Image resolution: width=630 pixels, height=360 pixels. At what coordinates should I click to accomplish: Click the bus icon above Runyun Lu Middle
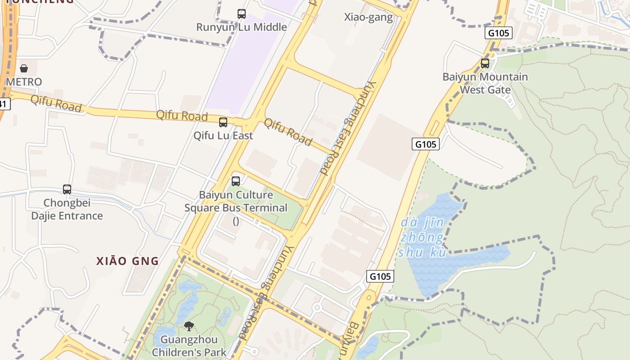click(242, 14)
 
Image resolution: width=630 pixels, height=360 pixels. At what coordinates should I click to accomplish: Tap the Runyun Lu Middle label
click(242, 27)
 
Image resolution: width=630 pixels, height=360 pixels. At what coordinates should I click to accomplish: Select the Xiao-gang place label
click(369, 18)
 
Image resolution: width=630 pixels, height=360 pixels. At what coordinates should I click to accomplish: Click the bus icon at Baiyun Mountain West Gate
click(485, 63)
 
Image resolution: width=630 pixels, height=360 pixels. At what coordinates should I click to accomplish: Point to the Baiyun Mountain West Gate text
click(485, 83)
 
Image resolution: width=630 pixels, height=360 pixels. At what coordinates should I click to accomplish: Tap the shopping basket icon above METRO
click(24, 68)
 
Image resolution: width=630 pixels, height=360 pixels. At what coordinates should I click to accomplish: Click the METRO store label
click(24, 82)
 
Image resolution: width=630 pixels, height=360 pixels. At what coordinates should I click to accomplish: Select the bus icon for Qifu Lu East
click(223, 122)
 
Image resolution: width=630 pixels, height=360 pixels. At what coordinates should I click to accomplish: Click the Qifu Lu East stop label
click(223, 135)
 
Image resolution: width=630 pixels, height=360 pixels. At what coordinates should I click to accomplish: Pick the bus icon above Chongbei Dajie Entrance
click(67, 189)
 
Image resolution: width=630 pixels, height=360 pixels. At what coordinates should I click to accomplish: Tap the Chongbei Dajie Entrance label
click(67, 209)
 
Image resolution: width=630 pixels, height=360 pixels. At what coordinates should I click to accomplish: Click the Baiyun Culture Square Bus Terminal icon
click(236, 181)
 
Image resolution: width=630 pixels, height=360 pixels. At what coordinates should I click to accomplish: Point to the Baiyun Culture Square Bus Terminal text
click(236, 202)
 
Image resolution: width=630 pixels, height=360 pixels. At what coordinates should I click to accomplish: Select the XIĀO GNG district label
click(128, 261)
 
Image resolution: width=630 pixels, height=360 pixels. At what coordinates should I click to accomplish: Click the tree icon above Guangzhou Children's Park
click(189, 326)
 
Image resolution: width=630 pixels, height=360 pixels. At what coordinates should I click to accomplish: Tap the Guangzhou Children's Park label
click(189, 346)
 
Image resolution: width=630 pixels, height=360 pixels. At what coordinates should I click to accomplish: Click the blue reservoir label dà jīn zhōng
click(423, 237)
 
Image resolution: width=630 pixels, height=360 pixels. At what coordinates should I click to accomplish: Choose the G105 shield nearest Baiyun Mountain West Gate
click(499, 33)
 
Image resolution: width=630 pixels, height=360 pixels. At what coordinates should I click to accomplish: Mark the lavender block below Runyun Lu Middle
click(243, 67)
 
